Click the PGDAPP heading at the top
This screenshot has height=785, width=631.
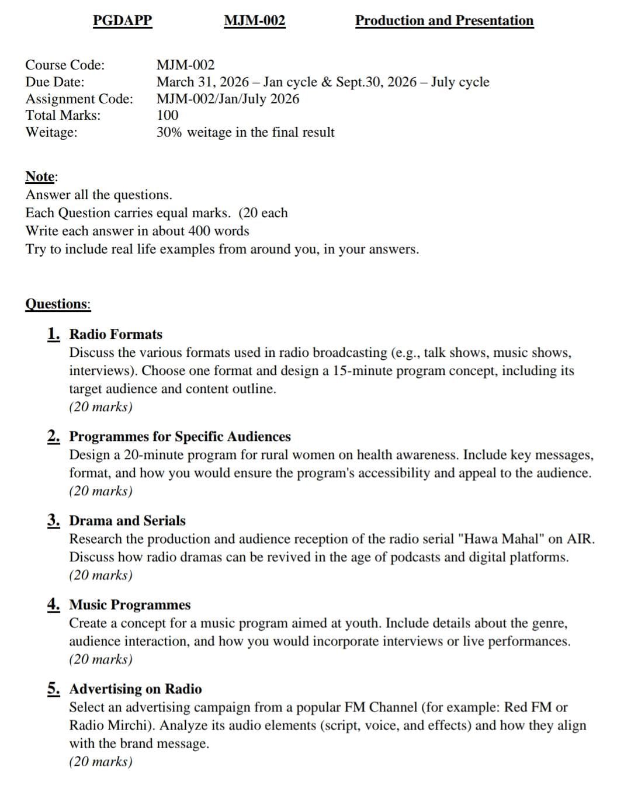pos(123,21)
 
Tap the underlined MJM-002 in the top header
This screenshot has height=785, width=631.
pos(255,21)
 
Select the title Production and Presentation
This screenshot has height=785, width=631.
pos(444,21)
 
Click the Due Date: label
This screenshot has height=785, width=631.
pos(55,82)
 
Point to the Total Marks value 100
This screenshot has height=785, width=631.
pos(168,115)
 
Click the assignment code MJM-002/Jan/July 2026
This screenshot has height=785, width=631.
pos(228,99)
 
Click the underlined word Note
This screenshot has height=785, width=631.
pos(40,176)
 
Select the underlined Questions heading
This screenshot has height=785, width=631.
pos(57,304)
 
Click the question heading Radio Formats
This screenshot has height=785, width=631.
pos(116,335)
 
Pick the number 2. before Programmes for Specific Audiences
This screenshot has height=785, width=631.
pos(54,436)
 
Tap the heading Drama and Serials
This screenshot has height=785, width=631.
pos(127,520)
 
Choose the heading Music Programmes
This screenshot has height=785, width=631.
pos(130,605)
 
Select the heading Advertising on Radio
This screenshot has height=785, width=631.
pos(136,689)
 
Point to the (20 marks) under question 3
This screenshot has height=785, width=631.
pos(100,575)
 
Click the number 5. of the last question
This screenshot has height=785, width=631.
pos(54,689)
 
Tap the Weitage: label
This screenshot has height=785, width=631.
pos(51,133)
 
